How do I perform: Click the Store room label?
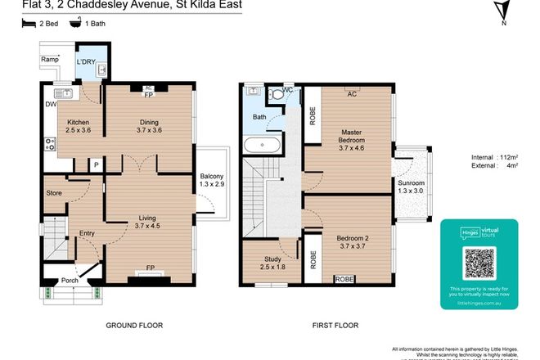(54, 193)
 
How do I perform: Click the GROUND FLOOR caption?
(134, 325)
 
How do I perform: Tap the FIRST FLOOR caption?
(335, 325)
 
